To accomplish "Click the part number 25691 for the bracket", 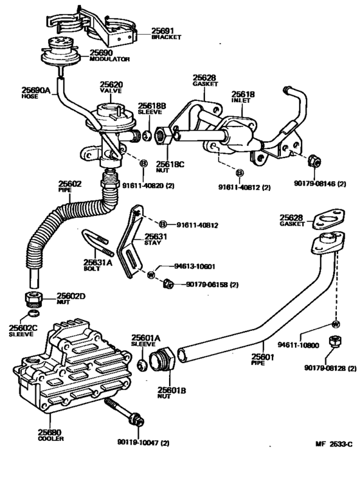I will pos(163,30).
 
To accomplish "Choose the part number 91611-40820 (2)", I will pos(148,186).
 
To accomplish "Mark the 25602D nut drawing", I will pos(32,299).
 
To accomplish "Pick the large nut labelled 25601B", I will pos(161,359).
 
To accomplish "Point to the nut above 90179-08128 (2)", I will pos(334,341).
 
